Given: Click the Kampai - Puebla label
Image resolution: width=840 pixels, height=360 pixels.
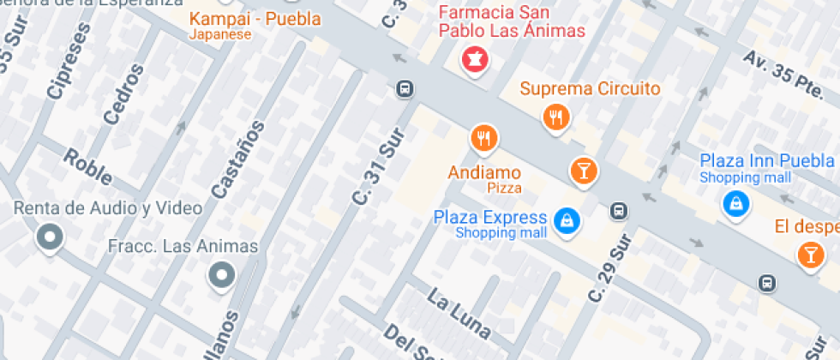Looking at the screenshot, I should pyautogui.click(x=255, y=19).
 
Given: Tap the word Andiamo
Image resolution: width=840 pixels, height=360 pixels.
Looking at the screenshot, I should pyautogui.click(x=484, y=172).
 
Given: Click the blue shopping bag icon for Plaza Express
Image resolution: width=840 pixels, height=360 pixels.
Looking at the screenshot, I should pyautogui.click(x=567, y=221).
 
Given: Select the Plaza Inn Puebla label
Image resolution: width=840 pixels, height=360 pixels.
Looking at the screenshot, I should pyautogui.click(x=766, y=161).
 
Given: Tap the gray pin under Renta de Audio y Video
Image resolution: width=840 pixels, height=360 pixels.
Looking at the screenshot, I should pyautogui.click(x=50, y=237).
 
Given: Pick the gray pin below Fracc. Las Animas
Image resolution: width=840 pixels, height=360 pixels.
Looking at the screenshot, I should pyautogui.click(x=222, y=275).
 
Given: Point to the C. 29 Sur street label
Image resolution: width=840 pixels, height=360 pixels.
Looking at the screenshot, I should pyautogui.click(x=609, y=267).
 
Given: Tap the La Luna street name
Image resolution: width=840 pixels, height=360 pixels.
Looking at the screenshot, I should pyautogui.click(x=459, y=315).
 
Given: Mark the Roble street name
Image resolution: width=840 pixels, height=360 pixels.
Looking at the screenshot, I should pyautogui.click(x=87, y=166).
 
